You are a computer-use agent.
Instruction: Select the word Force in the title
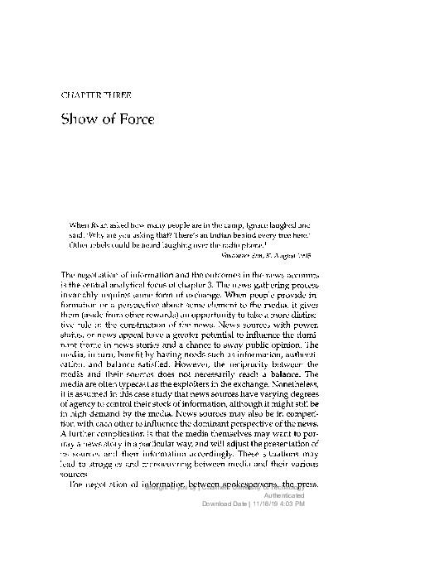(x=133, y=118)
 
